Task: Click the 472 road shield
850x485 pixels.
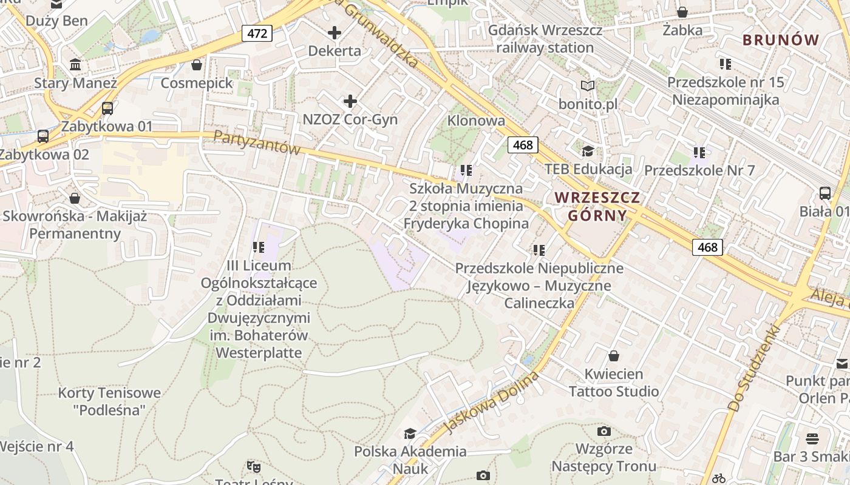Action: [257, 33]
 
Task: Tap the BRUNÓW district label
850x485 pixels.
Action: [781, 41]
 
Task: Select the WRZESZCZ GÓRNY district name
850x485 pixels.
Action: [597, 206]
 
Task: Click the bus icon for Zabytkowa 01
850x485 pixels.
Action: [107, 109]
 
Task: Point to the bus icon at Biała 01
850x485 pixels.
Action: [824, 193]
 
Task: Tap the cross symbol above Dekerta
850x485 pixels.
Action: [334, 33]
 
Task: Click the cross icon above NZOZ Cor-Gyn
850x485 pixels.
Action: [350, 101]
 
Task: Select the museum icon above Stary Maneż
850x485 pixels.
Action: [75, 64]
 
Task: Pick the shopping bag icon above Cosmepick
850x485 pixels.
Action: [197, 64]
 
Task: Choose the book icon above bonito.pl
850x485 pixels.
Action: [587, 85]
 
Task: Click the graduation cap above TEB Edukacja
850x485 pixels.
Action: [587, 151]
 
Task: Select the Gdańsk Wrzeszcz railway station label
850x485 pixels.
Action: [545, 39]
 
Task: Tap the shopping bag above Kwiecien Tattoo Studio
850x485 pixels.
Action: [613, 355]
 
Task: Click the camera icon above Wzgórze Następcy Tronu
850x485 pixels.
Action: [603, 431]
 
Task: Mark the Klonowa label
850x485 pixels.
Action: [476, 121]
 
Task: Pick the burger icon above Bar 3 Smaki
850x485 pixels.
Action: [812, 438]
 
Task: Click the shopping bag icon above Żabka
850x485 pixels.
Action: [682, 12]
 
